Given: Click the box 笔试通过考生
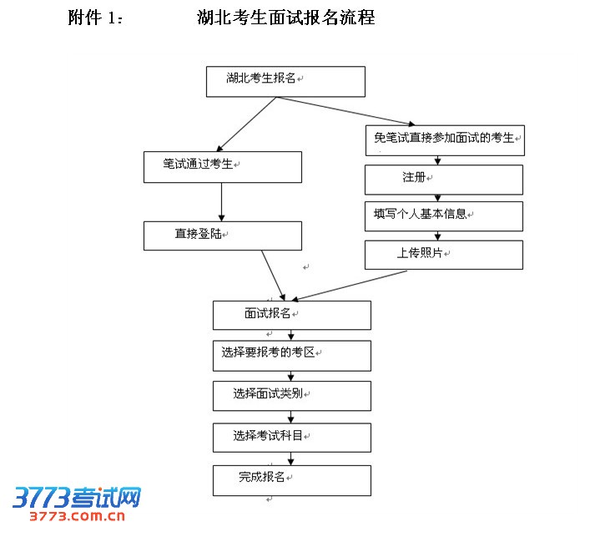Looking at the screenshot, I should click(221, 166).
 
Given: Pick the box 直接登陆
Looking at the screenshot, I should click(222, 236).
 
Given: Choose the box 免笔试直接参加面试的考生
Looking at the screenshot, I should click(444, 139).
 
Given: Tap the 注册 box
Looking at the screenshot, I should click(443, 180).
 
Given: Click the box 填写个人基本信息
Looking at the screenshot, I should click(443, 215).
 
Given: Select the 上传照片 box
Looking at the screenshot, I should click(443, 255).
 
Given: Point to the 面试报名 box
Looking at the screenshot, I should click(291, 315).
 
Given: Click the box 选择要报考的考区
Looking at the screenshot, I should click(291, 355).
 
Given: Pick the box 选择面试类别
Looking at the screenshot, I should click(291, 396).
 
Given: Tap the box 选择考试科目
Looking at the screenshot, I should click(291, 437).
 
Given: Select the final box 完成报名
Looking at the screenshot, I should click(291, 479).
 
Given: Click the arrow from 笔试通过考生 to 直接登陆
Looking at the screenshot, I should click(221, 201).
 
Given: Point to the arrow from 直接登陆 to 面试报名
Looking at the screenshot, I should click(273, 275).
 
